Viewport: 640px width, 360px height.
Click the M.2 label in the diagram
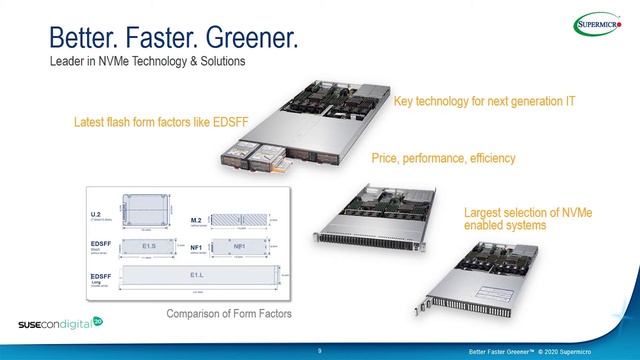pyautogui.click(x=198, y=218)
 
